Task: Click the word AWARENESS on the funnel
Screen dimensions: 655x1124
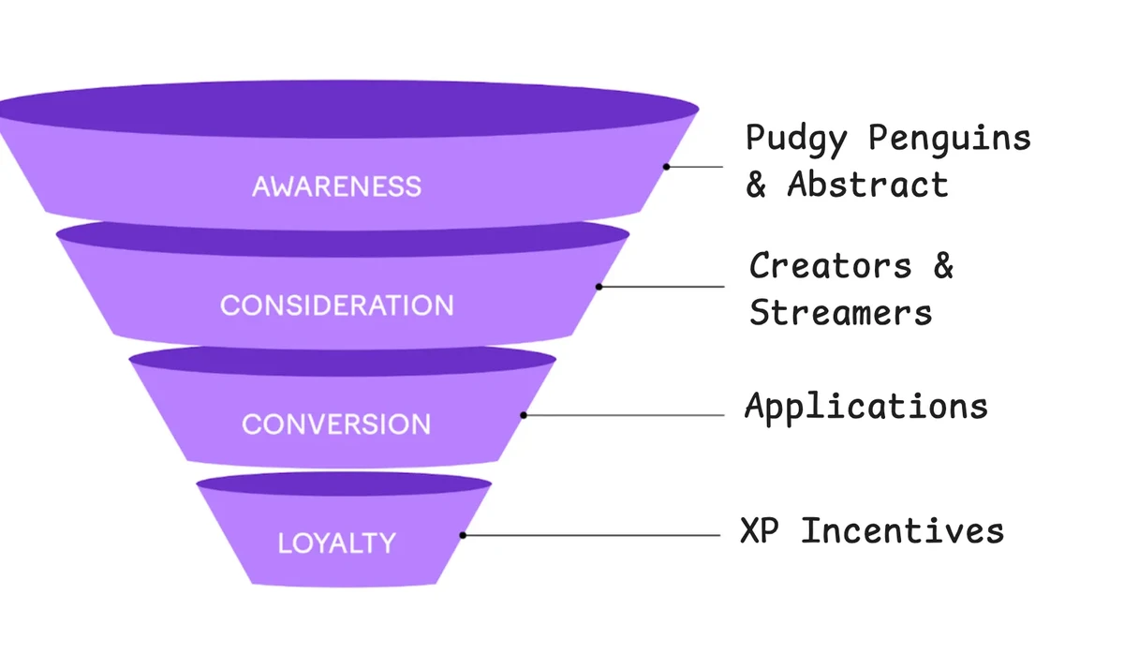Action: [336, 186]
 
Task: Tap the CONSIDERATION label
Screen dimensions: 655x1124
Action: [336, 305]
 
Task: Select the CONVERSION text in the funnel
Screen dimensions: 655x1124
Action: [336, 424]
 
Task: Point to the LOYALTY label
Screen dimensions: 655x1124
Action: [336, 543]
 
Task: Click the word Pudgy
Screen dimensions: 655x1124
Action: [796, 139]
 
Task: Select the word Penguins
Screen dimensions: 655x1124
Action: [949, 138]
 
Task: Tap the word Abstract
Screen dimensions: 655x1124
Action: [868, 184]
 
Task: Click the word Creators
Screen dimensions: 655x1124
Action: [830, 265]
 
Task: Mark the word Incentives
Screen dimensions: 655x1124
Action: [903, 530]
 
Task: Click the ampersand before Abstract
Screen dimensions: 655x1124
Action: [756, 184]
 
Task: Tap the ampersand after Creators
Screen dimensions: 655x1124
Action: [942, 265]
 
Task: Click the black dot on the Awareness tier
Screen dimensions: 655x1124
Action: [667, 167]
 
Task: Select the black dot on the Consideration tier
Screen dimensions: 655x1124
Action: [599, 286]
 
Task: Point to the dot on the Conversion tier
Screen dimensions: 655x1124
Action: [524, 414]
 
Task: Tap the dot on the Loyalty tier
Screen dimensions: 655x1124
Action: [463, 535]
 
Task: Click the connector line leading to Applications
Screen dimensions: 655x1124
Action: [628, 414]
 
